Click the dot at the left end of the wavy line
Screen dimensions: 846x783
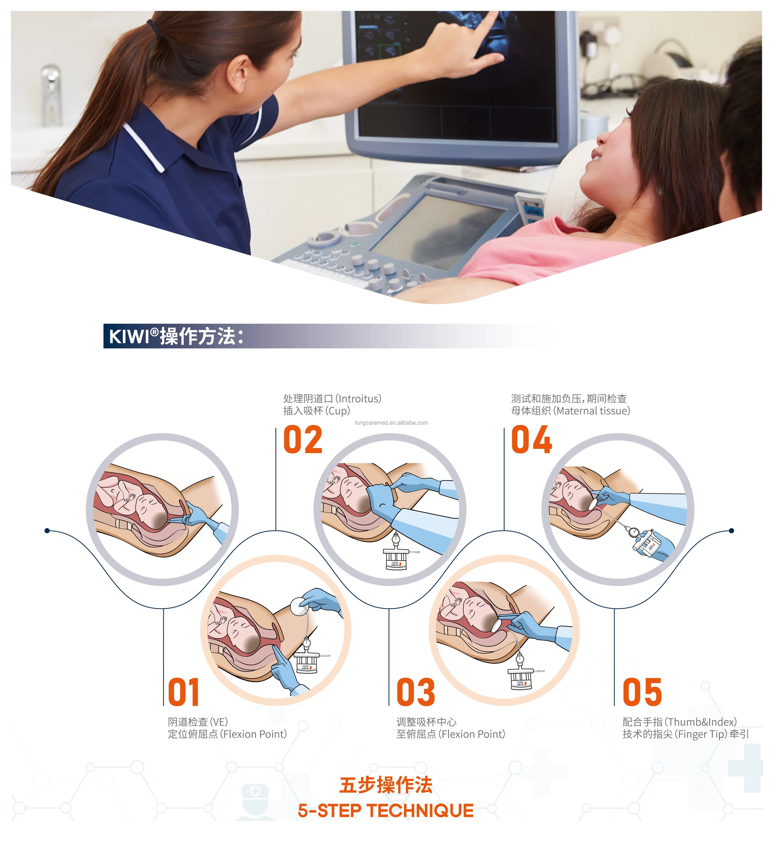coord(47,531)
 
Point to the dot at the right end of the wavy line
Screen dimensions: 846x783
coord(731,531)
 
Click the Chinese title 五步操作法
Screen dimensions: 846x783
coord(386,785)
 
